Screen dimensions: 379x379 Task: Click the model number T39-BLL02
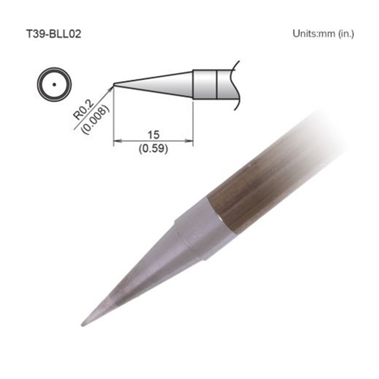53,34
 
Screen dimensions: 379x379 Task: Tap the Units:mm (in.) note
323,34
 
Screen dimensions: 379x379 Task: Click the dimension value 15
153,134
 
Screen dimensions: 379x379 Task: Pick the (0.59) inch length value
153,149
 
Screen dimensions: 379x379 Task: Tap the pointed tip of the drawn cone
115,84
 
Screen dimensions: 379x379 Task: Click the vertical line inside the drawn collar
217,84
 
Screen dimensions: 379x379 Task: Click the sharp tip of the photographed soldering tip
82,324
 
